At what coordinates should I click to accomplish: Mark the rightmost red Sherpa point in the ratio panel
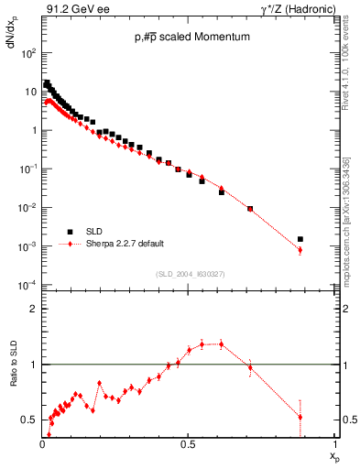tap(300, 417)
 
